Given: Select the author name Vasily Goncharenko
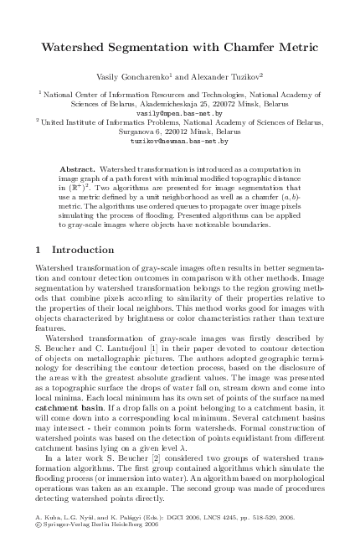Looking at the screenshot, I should click(x=146, y=77).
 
